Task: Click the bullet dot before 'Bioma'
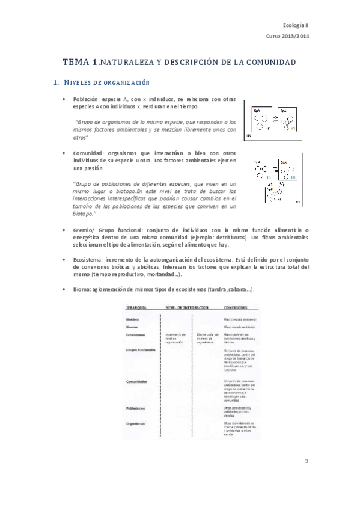click(65, 290)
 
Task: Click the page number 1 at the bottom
click(306, 461)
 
